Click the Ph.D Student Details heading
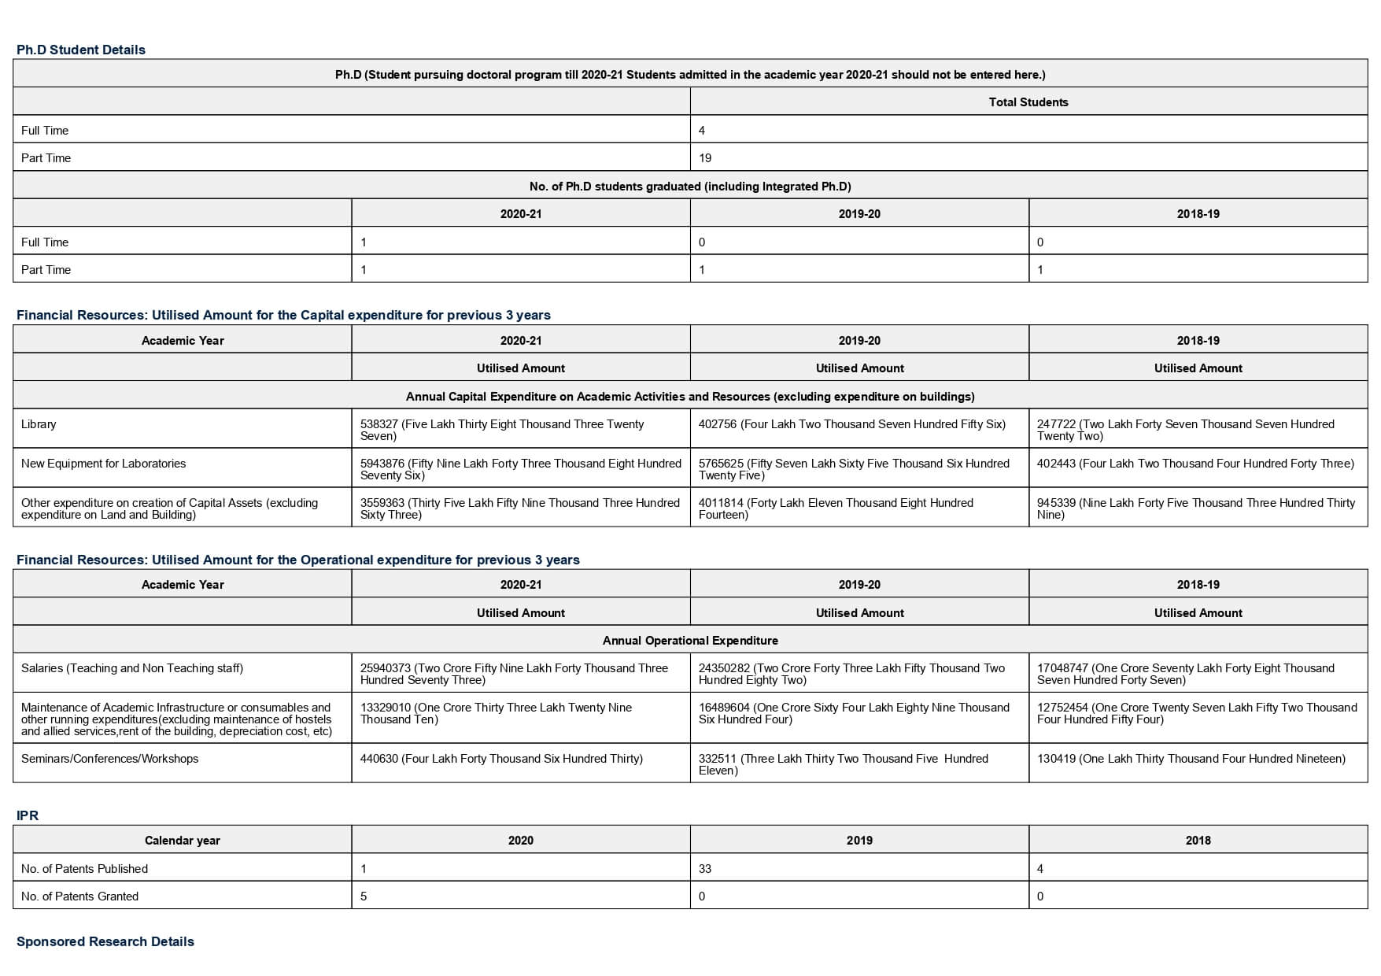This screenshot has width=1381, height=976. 81,50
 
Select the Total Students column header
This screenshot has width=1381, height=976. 1028,102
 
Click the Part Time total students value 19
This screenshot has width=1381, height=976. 705,158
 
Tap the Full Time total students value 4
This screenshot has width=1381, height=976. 702,131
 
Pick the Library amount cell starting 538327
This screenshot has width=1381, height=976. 519,430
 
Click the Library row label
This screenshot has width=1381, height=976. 39,424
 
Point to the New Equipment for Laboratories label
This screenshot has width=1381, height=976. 104,464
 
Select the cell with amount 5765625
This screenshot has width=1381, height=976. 858,469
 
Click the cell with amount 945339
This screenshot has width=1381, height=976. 1196,508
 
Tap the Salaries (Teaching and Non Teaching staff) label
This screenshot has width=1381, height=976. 132,668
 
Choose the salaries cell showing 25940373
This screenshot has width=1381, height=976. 519,674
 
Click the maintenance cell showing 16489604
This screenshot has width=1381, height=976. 858,713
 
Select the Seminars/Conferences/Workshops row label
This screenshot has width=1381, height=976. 110,759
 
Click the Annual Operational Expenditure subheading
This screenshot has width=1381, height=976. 690,641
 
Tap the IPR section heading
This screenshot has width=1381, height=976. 28,815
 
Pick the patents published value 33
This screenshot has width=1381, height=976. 705,869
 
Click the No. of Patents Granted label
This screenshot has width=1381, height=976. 79,897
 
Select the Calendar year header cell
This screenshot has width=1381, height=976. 183,841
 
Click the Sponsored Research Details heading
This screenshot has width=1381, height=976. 105,941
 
